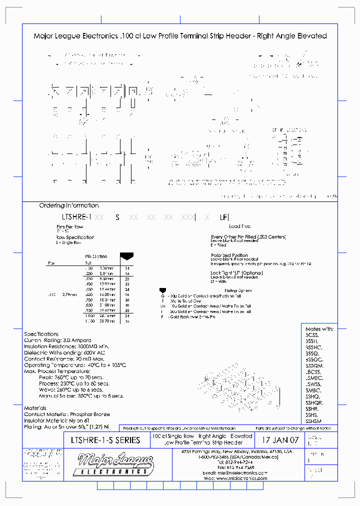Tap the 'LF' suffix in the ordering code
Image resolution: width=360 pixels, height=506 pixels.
[223, 217]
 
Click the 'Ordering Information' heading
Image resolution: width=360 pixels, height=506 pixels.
[69, 205]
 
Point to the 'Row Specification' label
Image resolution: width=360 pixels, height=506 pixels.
[74, 237]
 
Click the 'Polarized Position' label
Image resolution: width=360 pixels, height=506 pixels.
[229, 255]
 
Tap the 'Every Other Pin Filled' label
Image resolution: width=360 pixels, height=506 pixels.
[248, 237]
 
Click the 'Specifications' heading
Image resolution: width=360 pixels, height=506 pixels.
[41, 334]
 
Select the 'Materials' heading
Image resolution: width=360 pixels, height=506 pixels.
[35, 408]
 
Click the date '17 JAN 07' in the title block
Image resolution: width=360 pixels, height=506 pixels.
[280, 440]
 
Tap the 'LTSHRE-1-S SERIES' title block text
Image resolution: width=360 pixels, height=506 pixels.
[103, 440]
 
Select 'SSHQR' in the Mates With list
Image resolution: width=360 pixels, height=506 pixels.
[314, 402]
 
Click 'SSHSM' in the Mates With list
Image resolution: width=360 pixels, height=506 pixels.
[314, 421]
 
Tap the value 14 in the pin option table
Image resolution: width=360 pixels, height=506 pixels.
[127, 268]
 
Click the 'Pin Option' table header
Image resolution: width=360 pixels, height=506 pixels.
[96, 256]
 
